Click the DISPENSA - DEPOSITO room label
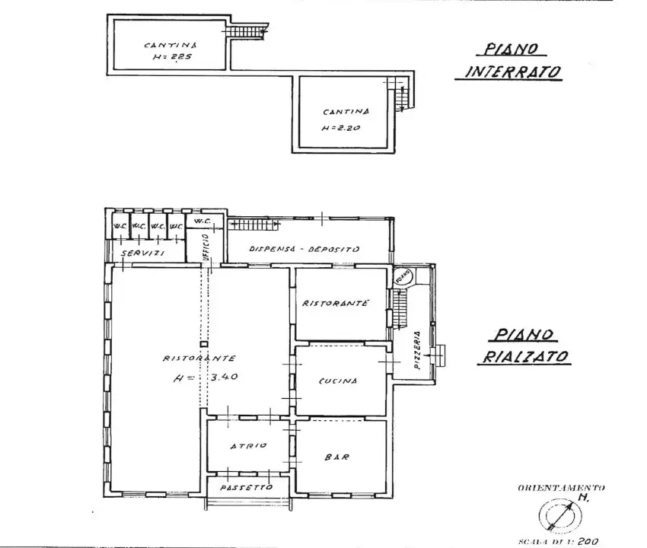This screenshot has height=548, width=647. click(294, 249)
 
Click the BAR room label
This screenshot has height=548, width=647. click(336, 457)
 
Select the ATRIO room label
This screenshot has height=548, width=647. click(248, 446)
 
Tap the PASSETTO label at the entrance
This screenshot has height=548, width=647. click(247, 487)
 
